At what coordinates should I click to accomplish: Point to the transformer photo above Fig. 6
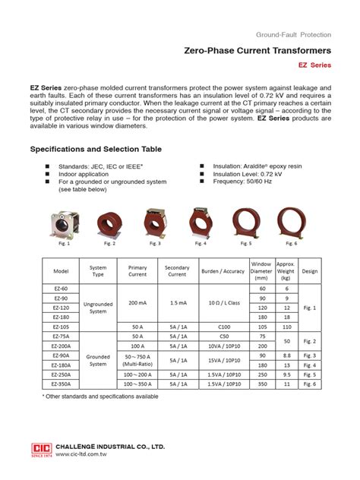point(292,223)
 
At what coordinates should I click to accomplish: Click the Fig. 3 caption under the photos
point(155,244)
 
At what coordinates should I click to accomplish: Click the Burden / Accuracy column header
point(222,271)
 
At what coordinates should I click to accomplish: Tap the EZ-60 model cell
point(61,289)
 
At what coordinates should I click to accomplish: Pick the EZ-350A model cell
point(61,384)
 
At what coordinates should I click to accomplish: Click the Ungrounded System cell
point(99,307)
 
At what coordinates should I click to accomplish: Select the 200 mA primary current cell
point(137,302)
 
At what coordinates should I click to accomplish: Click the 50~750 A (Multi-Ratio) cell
point(137,360)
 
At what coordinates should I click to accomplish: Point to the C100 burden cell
point(222,326)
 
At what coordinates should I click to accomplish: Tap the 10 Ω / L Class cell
point(222,302)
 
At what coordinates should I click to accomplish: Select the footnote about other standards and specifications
point(101,397)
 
